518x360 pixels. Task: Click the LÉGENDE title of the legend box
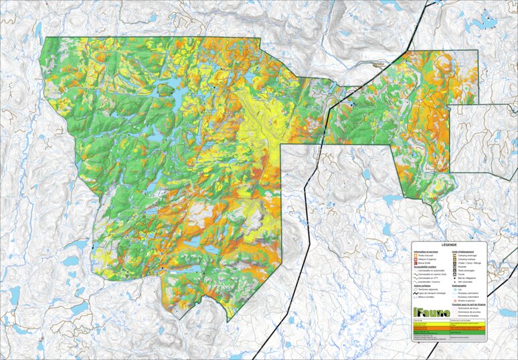coord(449,245)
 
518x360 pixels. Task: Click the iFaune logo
coord(432,312)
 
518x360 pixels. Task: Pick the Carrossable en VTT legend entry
coord(426,278)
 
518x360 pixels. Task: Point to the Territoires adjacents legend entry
coord(427,289)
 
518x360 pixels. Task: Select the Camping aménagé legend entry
coord(465,256)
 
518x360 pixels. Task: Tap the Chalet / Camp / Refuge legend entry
coord(467,263)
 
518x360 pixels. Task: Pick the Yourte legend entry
coord(462,274)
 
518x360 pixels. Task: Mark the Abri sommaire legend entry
coord(464,282)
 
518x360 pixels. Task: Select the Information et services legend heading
coord(426,252)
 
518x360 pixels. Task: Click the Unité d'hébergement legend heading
coord(462,252)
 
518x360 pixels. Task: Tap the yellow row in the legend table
coord(449,324)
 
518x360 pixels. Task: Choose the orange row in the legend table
coord(449,328)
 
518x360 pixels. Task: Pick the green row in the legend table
coord(449,333)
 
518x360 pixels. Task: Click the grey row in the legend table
coord(449,337)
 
